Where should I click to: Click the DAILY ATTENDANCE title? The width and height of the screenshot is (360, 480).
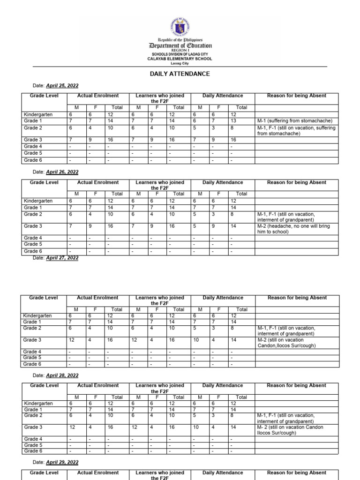180,74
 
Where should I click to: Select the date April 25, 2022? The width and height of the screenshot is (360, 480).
62,86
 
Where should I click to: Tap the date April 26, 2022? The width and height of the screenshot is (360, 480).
62,172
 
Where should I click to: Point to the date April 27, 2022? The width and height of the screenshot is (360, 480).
62,258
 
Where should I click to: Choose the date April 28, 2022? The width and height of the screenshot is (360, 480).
62,375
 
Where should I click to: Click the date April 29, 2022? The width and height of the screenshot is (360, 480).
62,462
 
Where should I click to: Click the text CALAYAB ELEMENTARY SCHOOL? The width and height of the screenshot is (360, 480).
180,59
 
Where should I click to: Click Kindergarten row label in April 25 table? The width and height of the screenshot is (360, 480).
38,114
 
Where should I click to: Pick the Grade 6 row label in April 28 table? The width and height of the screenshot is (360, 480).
33,451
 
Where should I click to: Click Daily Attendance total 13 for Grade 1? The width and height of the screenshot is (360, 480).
233,120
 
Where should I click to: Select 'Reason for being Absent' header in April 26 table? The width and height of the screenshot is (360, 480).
296,182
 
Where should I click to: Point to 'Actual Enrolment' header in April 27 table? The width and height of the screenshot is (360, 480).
98,298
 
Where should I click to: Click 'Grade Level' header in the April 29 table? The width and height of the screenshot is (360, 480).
44,472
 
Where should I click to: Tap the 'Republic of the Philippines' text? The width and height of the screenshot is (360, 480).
180,40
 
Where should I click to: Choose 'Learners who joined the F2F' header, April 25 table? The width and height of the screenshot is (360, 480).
160,98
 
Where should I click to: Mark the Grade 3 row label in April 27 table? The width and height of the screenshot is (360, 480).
33,340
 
